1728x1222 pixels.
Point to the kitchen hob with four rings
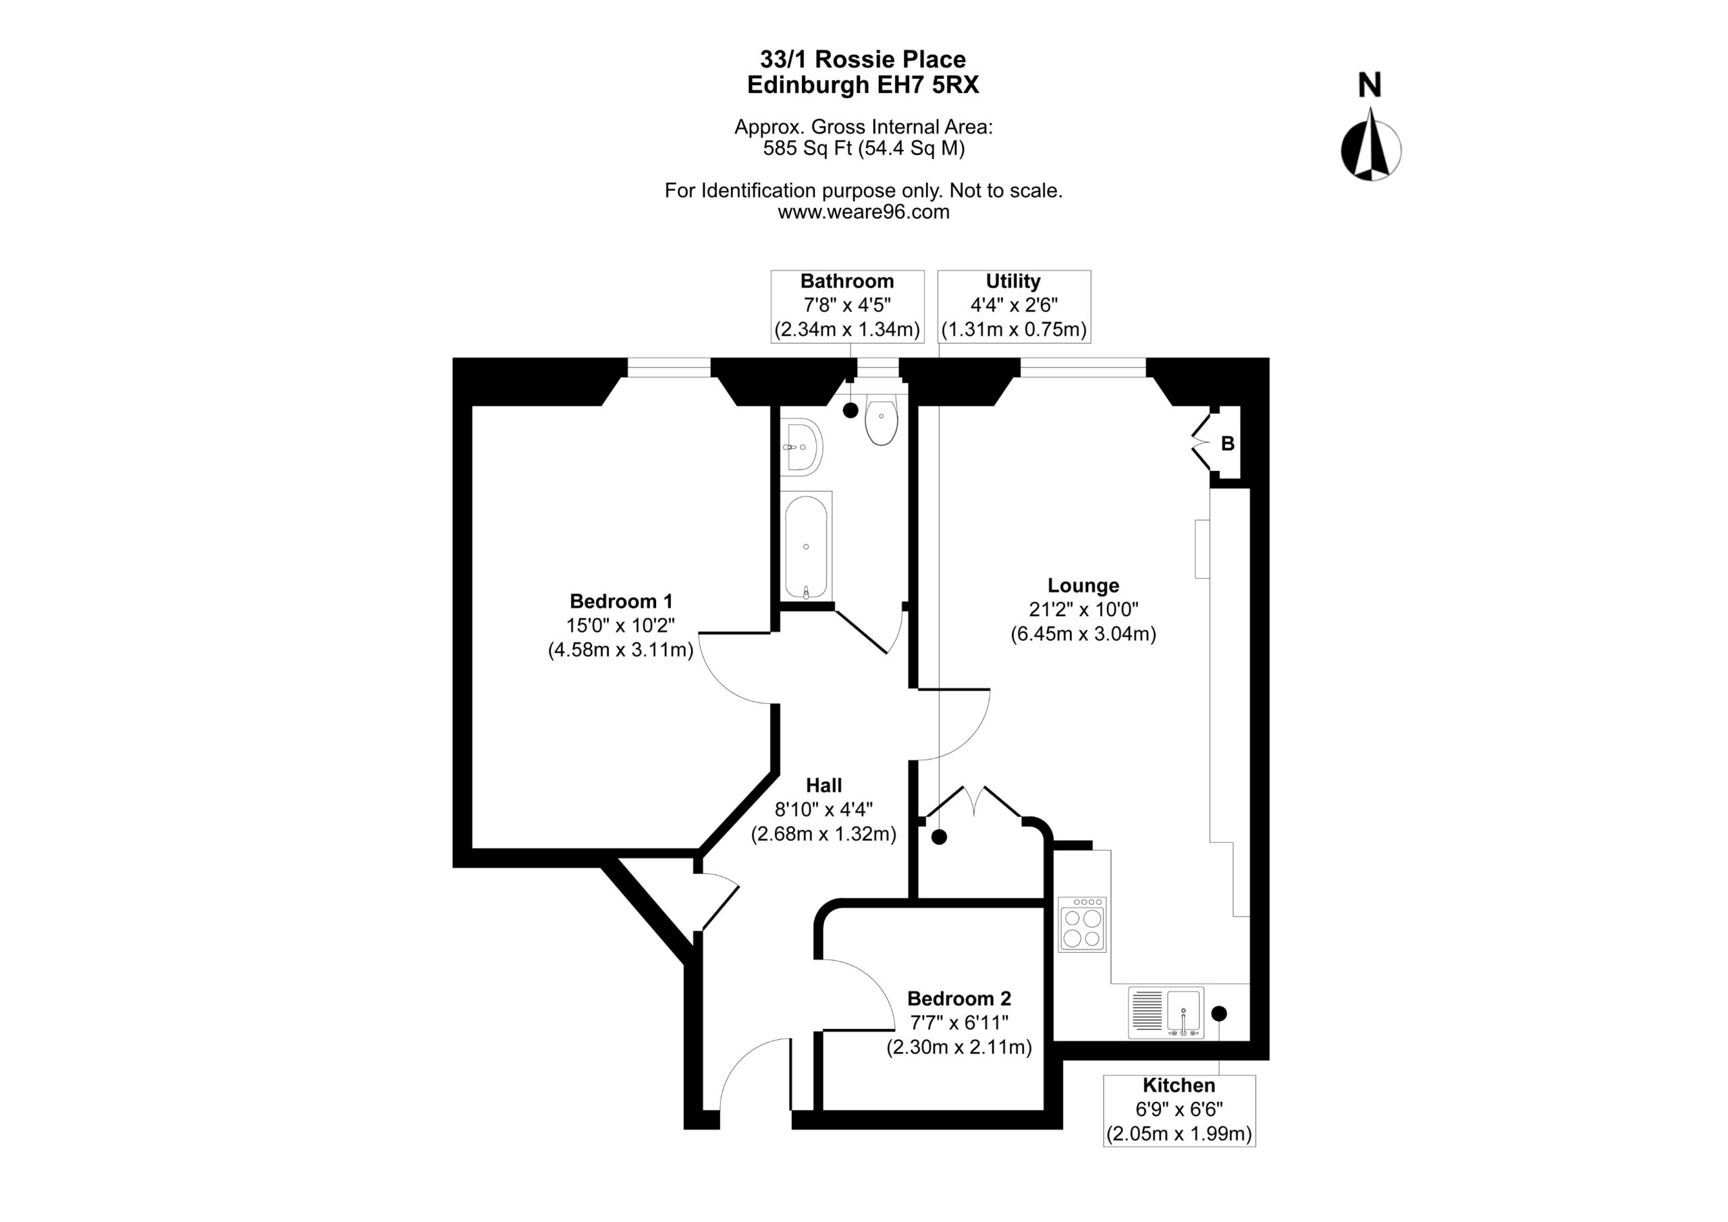tap(1082, 925)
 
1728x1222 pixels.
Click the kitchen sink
tap(1166, 1013)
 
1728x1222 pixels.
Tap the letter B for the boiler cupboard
tap(1228, 444)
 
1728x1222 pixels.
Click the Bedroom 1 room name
tap(621, 601)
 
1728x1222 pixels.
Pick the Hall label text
tap(823, 785)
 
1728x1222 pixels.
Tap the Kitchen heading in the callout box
tap(1179, 1085)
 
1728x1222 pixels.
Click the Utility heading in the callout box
tap(1013, 281)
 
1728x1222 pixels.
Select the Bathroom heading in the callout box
tap(846, 281)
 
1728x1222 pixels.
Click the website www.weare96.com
tap(863, 212)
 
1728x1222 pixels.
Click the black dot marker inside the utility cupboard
tap(938, 836)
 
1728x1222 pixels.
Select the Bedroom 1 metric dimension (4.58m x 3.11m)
tap(621, 649)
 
